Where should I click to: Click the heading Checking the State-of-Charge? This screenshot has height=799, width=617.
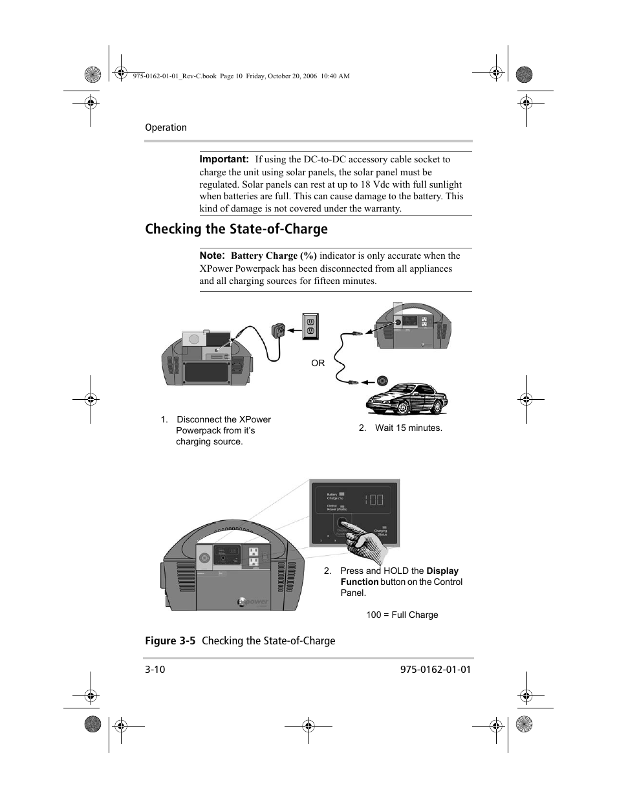coord(236,229)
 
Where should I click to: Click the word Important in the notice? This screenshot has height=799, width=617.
coord(224,159)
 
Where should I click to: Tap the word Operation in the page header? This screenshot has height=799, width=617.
coord(166,127)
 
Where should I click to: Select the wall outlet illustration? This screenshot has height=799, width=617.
coord(310,325)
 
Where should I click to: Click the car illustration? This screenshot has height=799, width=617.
coord(406,398)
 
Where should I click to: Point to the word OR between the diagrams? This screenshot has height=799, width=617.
coord(318,363)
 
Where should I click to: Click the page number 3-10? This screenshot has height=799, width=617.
coord(155,670)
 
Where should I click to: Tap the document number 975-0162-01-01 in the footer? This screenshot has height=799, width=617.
coord(431,670)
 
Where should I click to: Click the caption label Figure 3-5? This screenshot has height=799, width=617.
coord(170,640)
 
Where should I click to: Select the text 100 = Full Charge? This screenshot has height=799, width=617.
coord(402,615)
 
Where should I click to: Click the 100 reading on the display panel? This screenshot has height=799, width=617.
coord(373,499)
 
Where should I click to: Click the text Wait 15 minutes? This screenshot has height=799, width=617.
coord(408,428)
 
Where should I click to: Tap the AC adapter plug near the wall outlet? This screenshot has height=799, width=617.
coord(280,331)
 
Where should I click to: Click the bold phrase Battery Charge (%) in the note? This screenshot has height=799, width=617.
coord(274,256)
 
